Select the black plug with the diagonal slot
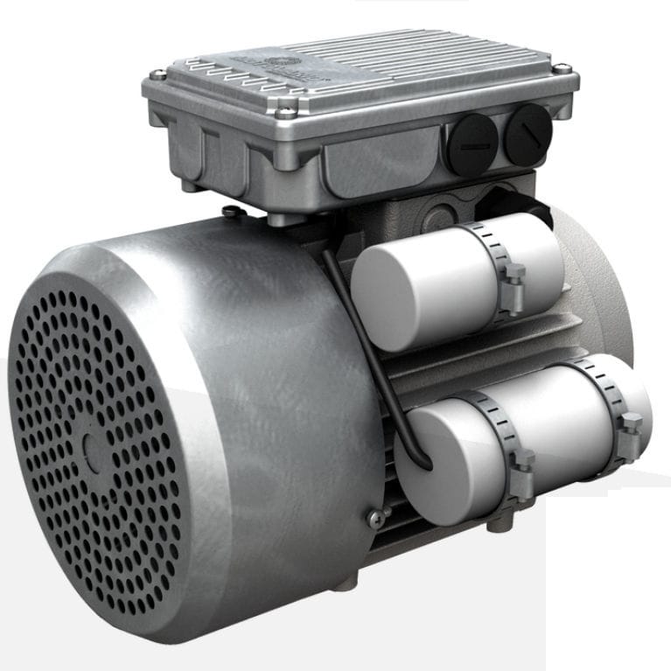coord(527,133)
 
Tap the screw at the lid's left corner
coord(158,74)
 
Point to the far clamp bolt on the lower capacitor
coord(630,427)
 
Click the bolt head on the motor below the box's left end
coord(229,211)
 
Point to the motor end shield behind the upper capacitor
coord(595,280)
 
